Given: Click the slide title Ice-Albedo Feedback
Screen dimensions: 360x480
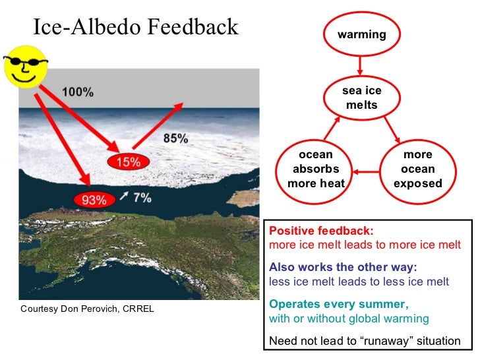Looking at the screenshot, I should click(x=135, y=27).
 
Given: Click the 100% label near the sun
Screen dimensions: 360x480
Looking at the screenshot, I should click(x=77, y=92).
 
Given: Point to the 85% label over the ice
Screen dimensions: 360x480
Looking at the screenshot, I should click(x=175, y=138).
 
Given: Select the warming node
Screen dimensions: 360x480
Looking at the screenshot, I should click(x=361, y=34).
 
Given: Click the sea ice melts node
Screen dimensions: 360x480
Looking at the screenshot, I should click(x=361, y=98).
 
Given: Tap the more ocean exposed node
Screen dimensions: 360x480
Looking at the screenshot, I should click(x=417, y=169).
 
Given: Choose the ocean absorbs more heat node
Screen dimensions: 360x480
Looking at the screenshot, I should click(x=316, y=169).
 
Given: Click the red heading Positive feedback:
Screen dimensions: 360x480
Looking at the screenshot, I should click(x=321, y=231).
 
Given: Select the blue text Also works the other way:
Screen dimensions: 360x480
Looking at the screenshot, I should click(x=343, y=267).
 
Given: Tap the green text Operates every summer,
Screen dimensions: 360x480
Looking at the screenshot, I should click(x=339, y=304).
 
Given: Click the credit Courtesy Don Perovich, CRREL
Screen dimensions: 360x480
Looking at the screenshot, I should click(x=87, y=309).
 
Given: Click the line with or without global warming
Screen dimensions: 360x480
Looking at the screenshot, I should click(x=349, y=318).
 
